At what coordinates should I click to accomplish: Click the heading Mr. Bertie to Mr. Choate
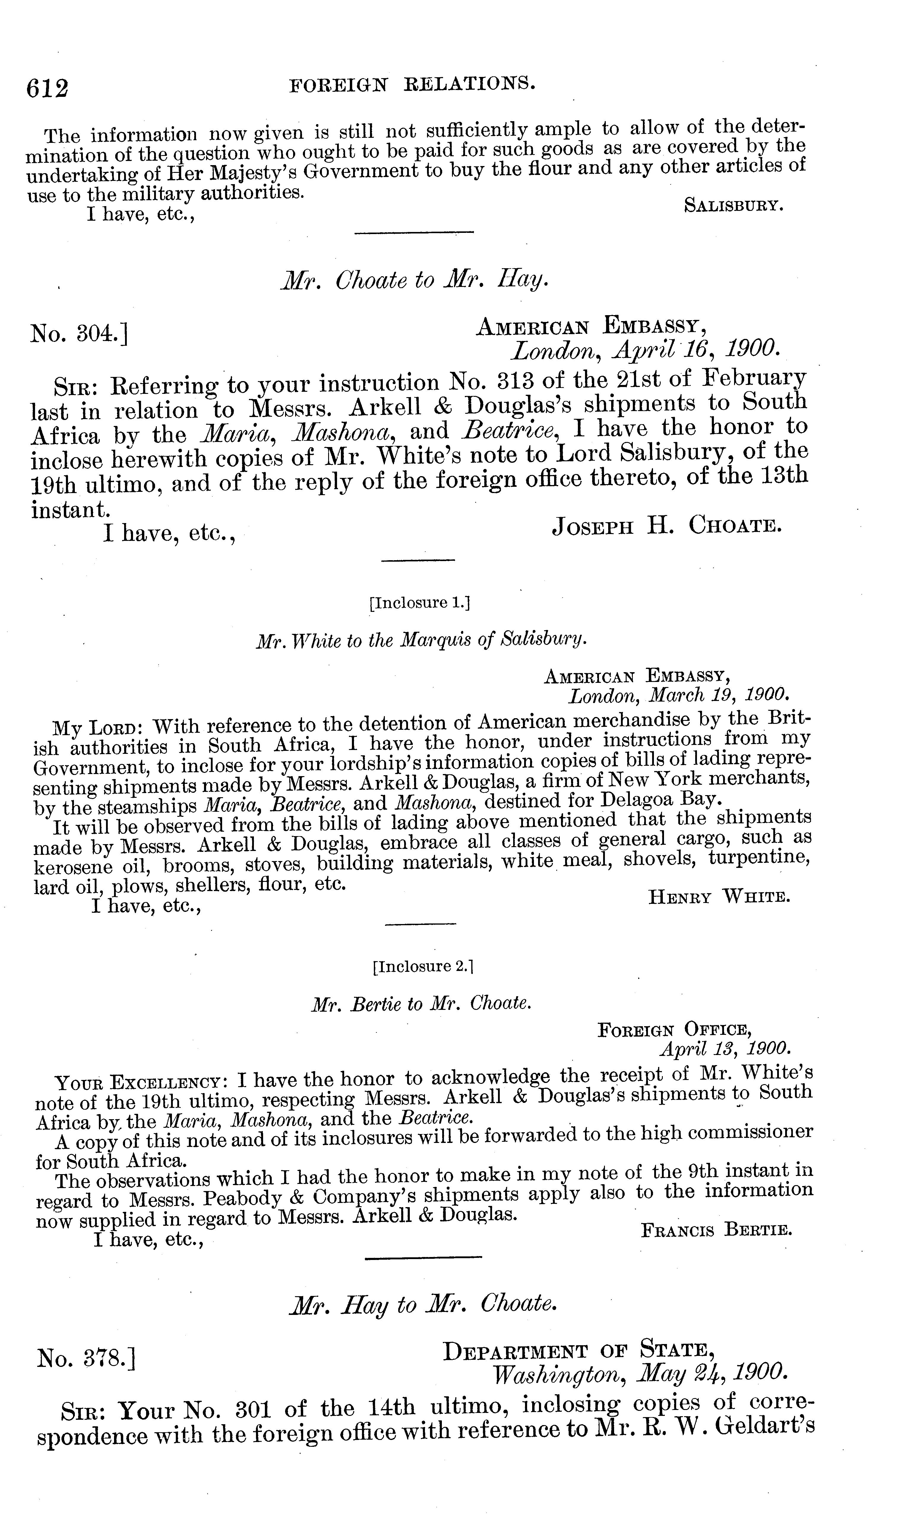coord(421,1005)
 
